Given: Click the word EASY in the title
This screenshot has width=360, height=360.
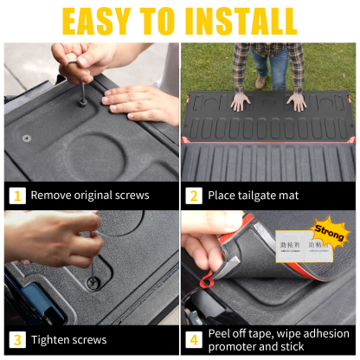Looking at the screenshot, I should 103,21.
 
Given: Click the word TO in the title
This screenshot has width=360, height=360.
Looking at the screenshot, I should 165,21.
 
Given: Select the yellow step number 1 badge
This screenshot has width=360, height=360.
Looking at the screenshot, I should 17,195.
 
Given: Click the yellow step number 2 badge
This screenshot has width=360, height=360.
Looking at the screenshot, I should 194,195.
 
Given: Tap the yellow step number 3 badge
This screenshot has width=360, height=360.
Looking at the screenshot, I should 17,339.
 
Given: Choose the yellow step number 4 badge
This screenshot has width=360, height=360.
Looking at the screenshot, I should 194,339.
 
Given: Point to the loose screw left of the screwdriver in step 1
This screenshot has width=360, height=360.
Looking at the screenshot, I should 27,138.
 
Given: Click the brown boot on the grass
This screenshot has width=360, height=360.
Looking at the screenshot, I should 260,80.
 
